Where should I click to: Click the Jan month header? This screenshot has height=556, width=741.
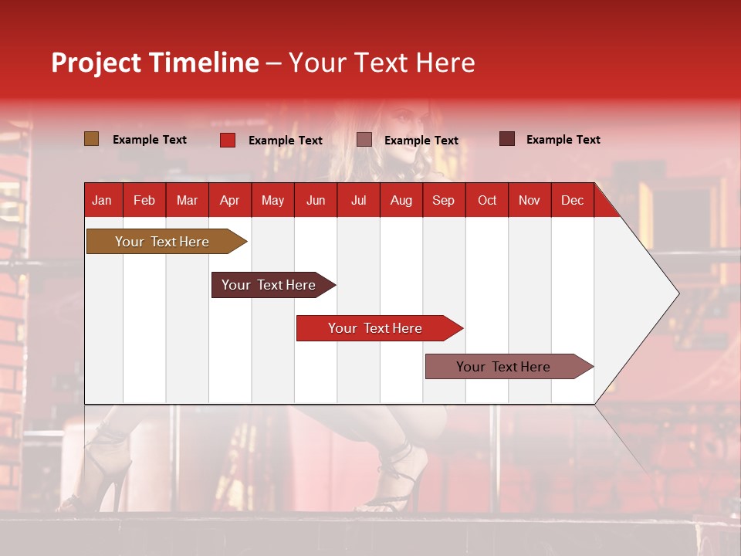(103, 200)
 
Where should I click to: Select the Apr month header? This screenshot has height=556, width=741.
(230, 200)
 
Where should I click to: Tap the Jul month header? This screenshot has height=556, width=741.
(358, 200)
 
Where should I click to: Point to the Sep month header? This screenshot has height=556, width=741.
(443, 200)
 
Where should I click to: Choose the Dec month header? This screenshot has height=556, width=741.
(572, 200)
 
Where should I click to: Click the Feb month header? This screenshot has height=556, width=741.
(144, 200)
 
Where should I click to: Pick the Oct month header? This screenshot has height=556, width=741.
(487, 200)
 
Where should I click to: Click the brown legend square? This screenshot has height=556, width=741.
(91, 139)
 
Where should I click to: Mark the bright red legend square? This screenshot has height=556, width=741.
(227, 140)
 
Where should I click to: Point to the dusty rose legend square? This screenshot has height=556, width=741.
(364, 140)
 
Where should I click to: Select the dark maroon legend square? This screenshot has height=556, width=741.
(506, 139)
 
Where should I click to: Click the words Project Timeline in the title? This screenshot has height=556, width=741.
(155, 63)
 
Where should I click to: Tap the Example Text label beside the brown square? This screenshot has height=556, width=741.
(150, 140)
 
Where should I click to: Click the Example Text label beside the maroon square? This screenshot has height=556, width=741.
(563, 140)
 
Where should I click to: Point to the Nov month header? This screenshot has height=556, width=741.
(530, 200)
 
